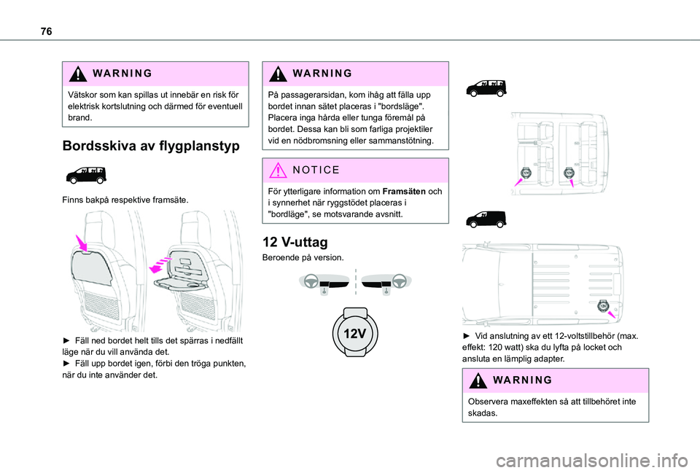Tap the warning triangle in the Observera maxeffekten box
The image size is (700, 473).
click(475, 380)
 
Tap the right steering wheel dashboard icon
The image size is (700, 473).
click(386, 282)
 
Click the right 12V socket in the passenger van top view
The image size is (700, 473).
click(569, 173)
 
